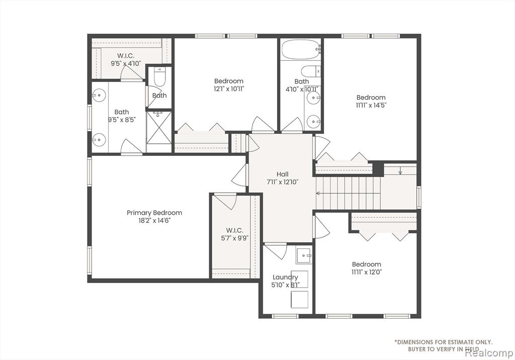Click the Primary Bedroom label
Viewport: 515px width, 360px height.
[154, 213]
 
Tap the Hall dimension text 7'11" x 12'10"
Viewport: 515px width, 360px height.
[283, 182]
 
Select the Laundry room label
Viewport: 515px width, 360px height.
[285, 277]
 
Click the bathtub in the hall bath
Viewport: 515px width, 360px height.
[301, 49]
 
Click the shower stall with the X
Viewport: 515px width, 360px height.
[159, 127]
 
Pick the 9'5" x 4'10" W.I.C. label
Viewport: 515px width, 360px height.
[126, 63]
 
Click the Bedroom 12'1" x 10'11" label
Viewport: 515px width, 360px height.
[229, 85]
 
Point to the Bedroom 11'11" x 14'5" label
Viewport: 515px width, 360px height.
[371, 101]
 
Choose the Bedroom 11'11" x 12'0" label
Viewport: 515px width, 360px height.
[367, 268]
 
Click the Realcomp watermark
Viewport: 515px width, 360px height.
[489, 353]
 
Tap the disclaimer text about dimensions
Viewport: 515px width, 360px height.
[444, 345]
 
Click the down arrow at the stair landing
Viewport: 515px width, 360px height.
[400, 171]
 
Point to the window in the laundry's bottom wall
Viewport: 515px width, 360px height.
[285, 316]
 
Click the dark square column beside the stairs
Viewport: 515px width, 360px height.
[378, 169]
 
